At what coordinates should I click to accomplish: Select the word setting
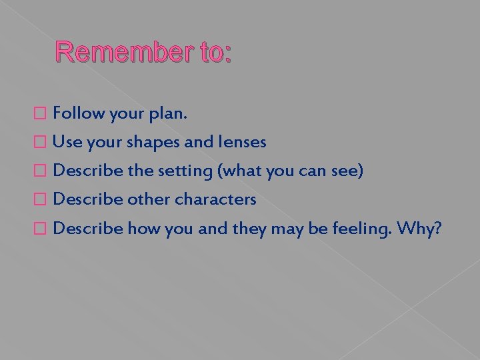[x=184, y=171]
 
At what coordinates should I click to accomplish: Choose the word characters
[x=215, y=199]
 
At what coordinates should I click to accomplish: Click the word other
[x=149, y=199]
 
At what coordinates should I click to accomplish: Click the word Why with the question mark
[x=418, y=229]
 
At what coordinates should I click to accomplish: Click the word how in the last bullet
[x=141, y=228]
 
